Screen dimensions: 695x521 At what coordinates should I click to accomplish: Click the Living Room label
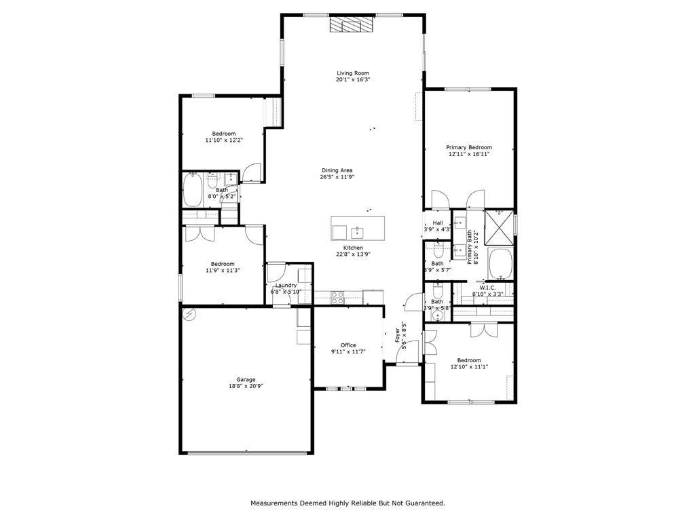pyautogui.click(x=353, y=73)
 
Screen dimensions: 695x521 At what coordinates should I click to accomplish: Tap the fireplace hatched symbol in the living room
pyautogui.click(x=351, y=24)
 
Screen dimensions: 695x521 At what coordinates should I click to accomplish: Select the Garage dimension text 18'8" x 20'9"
pyautogui.click(x=246, y=386)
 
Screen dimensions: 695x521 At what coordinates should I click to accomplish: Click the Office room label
pyautogui.click(x=348, y=345)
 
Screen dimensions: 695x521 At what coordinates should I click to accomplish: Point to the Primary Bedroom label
pyautogui.click(x=469, y=147)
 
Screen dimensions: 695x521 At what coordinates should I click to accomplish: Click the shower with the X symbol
pyautogui.click(x=499, y=227)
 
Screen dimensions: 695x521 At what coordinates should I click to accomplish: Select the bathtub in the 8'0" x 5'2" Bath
pyautogui.click(x=192, y=190)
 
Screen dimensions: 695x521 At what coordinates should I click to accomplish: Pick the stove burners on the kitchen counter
pyautogui.click(x=338, y=297)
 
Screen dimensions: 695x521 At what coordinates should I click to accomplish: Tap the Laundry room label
pyautogui.click(x=286, y=286)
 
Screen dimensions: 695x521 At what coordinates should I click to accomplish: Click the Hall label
pyautogui.click(x=438, y=223)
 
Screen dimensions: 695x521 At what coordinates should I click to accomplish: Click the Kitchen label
pyautogui.click(x=353, y=248)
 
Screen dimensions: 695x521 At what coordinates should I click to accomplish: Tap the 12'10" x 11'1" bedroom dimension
pyautogui.click(x=469, y=367)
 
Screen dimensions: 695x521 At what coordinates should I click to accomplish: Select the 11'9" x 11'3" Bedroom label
pyautogui.click(x=223, y=264)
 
